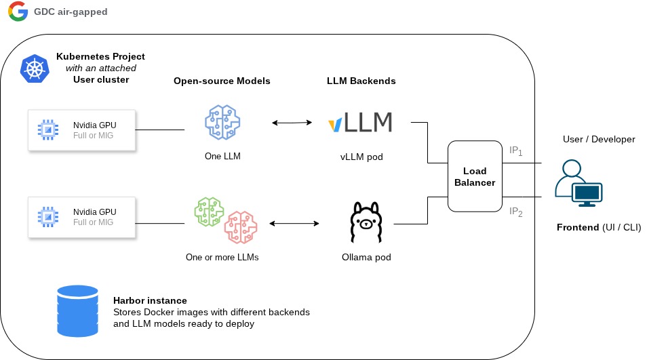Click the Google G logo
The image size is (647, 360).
click(18, 11)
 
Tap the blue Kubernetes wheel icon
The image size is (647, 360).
click(35, 68)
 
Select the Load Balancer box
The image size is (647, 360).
click(475, 176)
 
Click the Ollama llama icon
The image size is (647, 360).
click(366, 222)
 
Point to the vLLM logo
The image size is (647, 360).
click(360, 122)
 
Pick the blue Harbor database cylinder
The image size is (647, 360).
click(77, 311)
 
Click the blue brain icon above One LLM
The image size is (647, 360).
click(222, 122)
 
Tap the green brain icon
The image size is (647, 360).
click(209, 212)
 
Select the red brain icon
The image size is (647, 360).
click(241, 227)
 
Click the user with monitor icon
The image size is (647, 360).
click(579, 183)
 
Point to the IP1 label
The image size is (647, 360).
click(516, 151)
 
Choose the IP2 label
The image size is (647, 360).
click(516, 212)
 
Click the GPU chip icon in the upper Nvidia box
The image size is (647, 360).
click(48, 130)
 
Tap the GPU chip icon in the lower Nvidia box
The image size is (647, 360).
click(48, 216)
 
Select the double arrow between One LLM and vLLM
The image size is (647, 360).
click(292, 123)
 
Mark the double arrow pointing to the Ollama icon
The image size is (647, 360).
click(294, 224)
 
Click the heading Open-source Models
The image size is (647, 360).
click(222, 81)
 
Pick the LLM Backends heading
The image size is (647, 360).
click(361, 81)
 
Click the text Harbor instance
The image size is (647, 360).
click(150, 300)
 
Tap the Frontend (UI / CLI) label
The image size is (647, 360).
click(599, 227)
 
